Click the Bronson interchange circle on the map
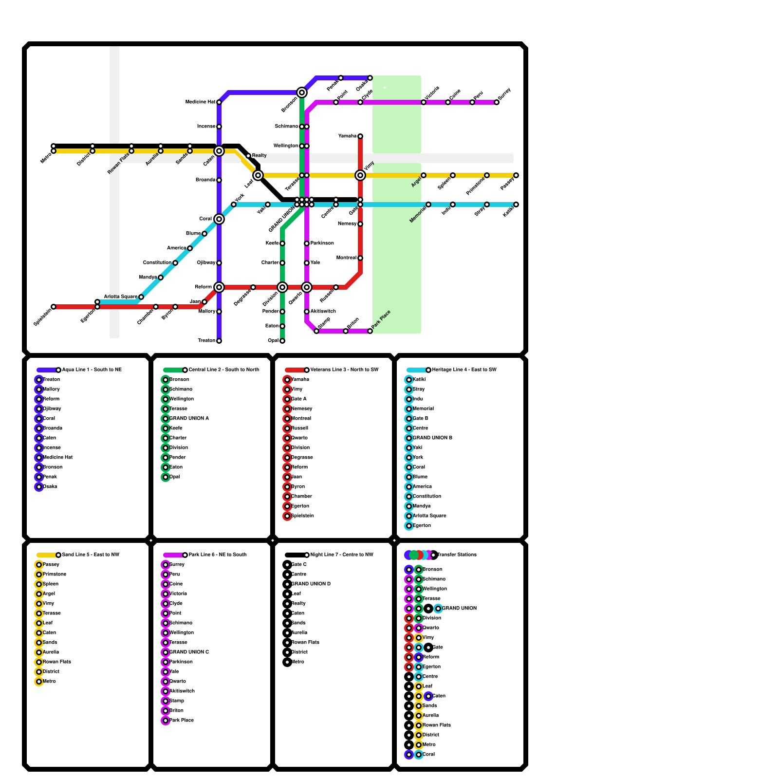302,93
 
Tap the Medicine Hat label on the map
200,102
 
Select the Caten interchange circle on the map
219,151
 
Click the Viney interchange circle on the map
360,175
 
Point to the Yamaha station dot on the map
360,136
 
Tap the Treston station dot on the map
219,341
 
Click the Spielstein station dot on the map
54,307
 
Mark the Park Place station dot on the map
370,331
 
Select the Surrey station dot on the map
497,102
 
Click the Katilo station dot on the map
516,204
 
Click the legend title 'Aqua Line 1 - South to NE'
92,370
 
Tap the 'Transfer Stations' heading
457,555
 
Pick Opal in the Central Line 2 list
175,477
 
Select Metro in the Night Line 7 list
297,662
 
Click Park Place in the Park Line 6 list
181,721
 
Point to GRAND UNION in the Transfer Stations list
459,609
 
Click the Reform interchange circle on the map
219,287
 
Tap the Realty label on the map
260,156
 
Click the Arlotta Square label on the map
121,297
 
